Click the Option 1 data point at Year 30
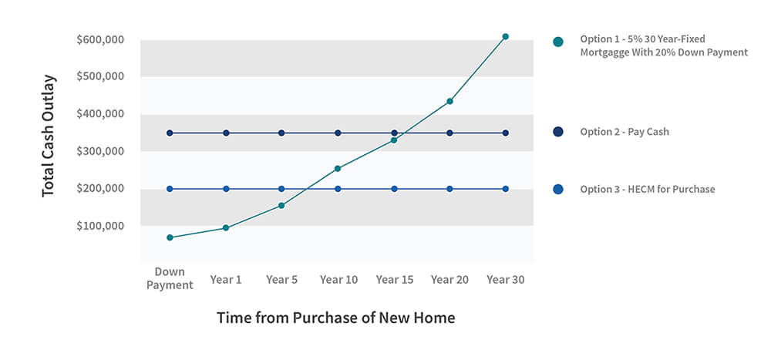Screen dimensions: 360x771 [506, 36]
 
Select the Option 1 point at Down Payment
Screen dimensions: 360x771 [170, 237]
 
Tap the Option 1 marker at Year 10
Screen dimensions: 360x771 [338, 168]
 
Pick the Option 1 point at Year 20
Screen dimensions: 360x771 [449, 101]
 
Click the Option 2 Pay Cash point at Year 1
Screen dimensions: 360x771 [226, 133]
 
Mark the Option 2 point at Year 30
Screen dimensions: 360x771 [506, 133]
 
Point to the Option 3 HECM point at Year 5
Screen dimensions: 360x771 [281, 189]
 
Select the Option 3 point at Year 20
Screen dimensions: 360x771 [449, 189]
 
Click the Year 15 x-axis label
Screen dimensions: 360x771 [394, 279]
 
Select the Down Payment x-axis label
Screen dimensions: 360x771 [170, 278]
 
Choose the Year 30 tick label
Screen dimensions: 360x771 [506, 279]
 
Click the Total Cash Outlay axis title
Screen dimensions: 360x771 [49, 136]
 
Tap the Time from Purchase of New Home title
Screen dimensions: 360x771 [335, 318]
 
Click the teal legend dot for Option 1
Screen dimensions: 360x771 [558, 42]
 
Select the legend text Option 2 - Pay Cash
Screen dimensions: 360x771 [625, 132]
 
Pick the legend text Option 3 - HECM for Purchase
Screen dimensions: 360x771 [647, 189]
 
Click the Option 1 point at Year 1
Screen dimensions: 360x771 [226, 228]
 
